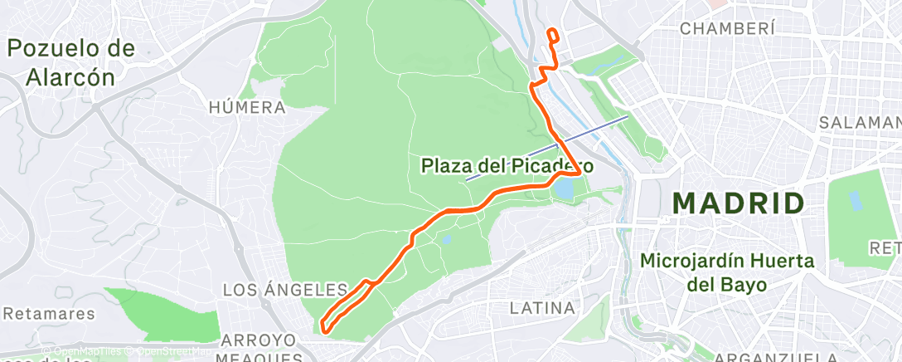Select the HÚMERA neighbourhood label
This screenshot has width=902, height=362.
coord(247,107)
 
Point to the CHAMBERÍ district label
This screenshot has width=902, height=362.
coord(727,28)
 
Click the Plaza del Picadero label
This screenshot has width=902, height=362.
coord(507,165)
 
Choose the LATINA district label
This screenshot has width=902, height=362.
coord(542,308)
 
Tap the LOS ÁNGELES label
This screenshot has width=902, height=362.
coord(285,290)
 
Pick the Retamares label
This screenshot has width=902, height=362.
coord(49,314)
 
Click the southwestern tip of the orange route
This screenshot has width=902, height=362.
coord(324,328)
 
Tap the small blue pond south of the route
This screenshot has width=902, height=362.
coord(447,240)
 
